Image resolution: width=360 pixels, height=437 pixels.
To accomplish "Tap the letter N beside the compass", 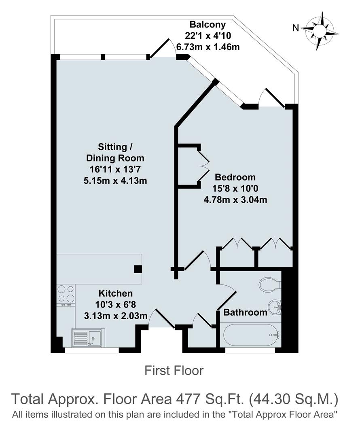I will [x=296, y=28].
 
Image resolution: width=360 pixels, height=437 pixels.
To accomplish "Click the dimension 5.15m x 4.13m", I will [x=115, y=180].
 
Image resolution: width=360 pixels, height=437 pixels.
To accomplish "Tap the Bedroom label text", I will [x=235, y=177].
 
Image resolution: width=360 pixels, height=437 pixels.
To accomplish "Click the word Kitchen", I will [x=116, y=293].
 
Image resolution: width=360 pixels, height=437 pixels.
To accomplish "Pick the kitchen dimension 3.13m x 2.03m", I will [x=116, y=315].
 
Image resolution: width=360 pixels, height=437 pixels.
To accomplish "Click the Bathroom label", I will [x=245, y=312].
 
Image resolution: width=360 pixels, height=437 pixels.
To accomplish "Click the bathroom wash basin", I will [x=275, y=307].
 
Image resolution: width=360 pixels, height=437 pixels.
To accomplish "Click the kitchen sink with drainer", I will [x=87, y=338].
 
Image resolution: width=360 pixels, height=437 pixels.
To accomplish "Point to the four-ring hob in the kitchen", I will [x=66, y=294].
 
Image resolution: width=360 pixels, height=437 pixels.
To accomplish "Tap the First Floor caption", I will [x=174, y=370].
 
